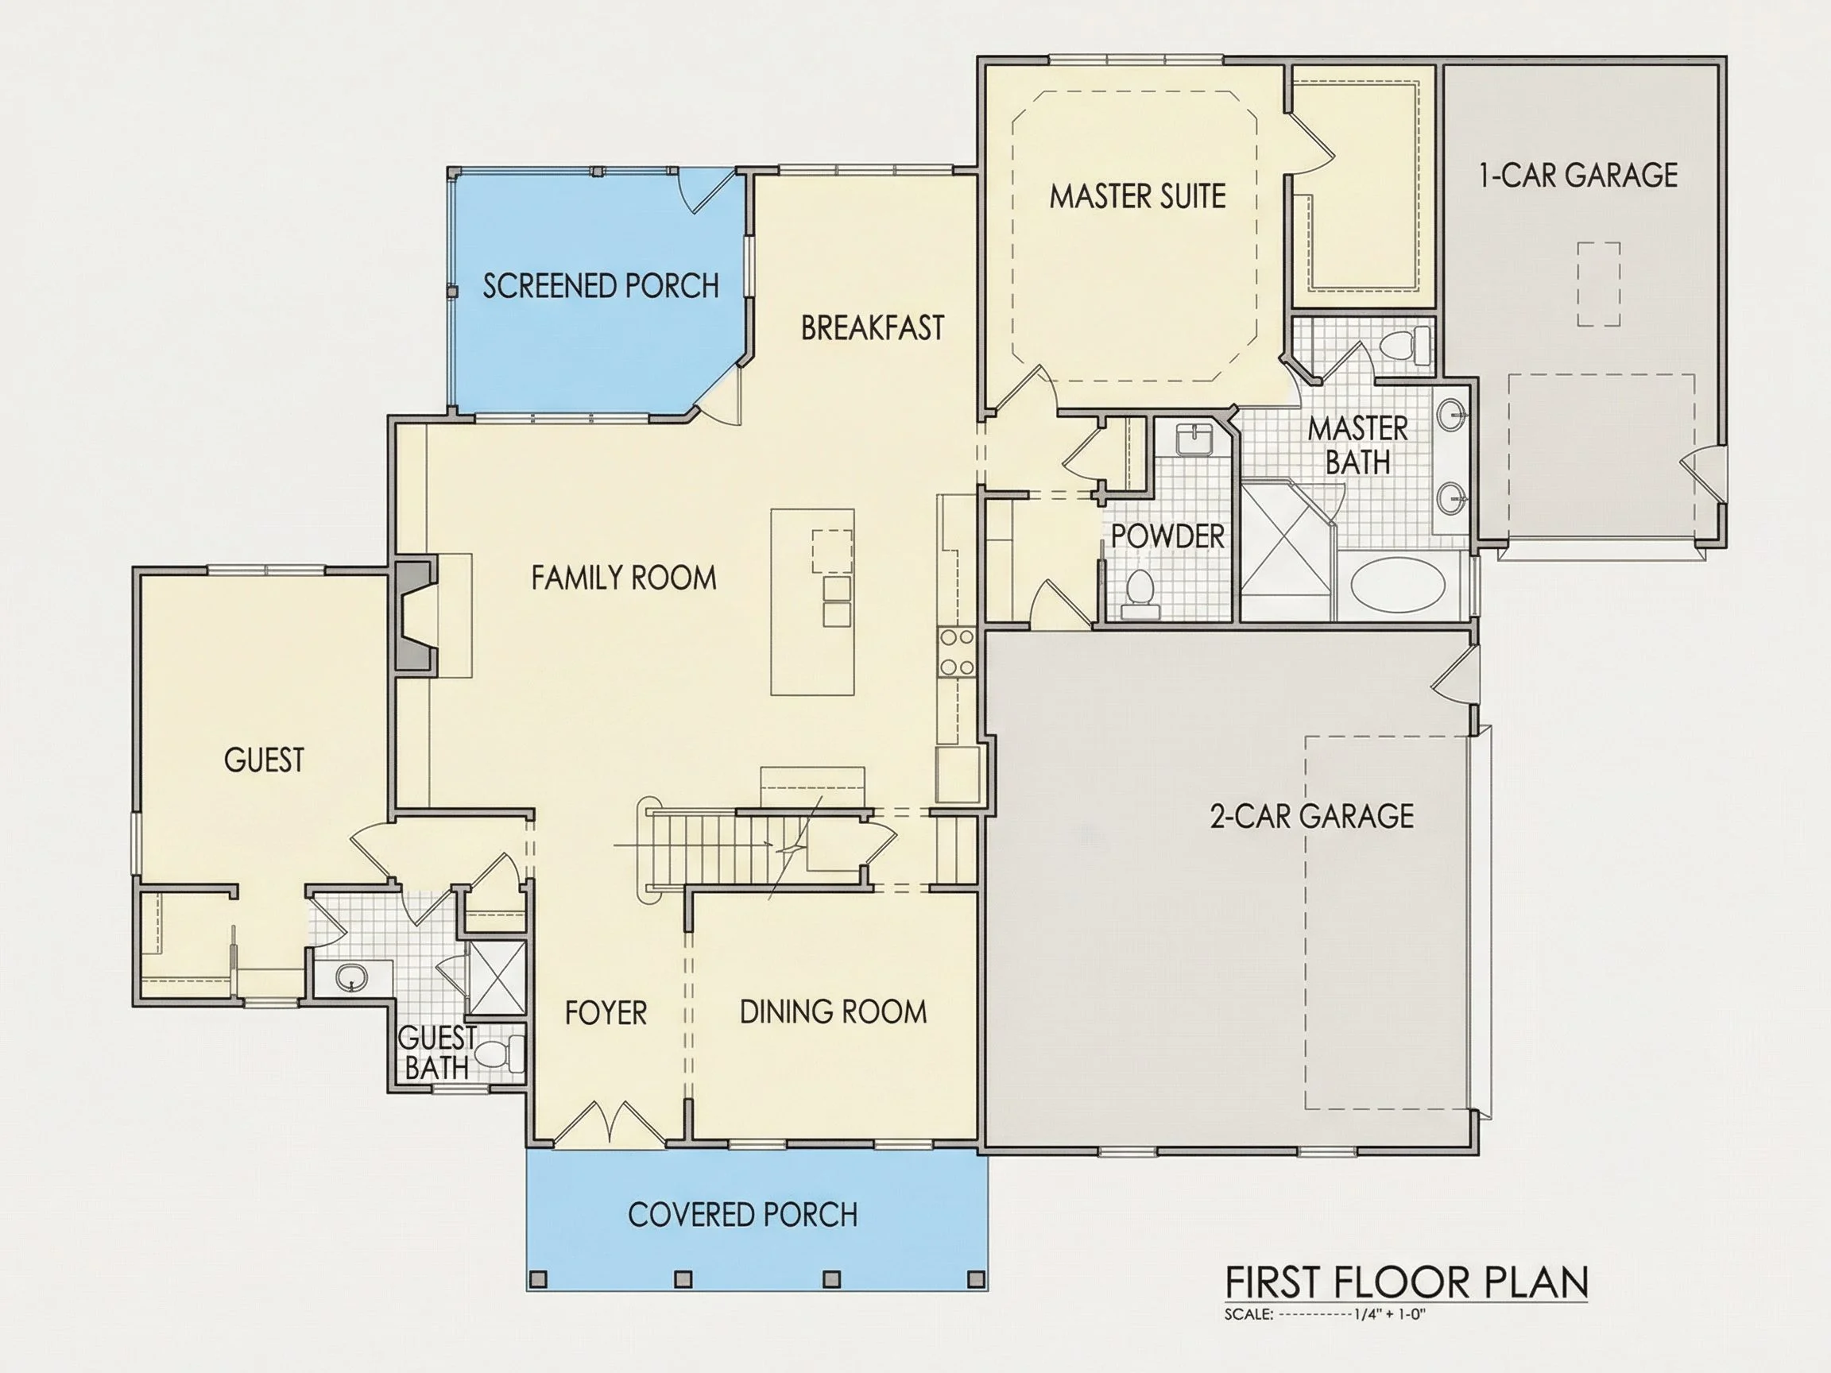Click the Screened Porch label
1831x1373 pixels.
pos(601,285)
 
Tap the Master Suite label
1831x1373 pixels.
pos(1137,196)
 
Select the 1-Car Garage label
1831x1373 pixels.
pos(1578,176)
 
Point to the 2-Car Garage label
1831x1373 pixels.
pos(1312,816)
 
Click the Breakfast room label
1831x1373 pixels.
pos(873,327)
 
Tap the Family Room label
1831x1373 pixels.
pos(623,578)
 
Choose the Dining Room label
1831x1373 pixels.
pos(833,1011)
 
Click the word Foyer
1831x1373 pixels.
pos(606,1013)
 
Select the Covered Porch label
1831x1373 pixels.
pos(742,1215)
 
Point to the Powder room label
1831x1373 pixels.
pos(1167,536)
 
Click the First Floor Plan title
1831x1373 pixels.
pos(1407,1282)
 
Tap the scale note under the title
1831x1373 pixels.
pos(1325,1314)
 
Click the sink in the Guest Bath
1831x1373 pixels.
pos(352,978)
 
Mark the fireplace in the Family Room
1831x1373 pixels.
pos(416,617)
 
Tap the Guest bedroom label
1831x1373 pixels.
pos(264,760)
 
